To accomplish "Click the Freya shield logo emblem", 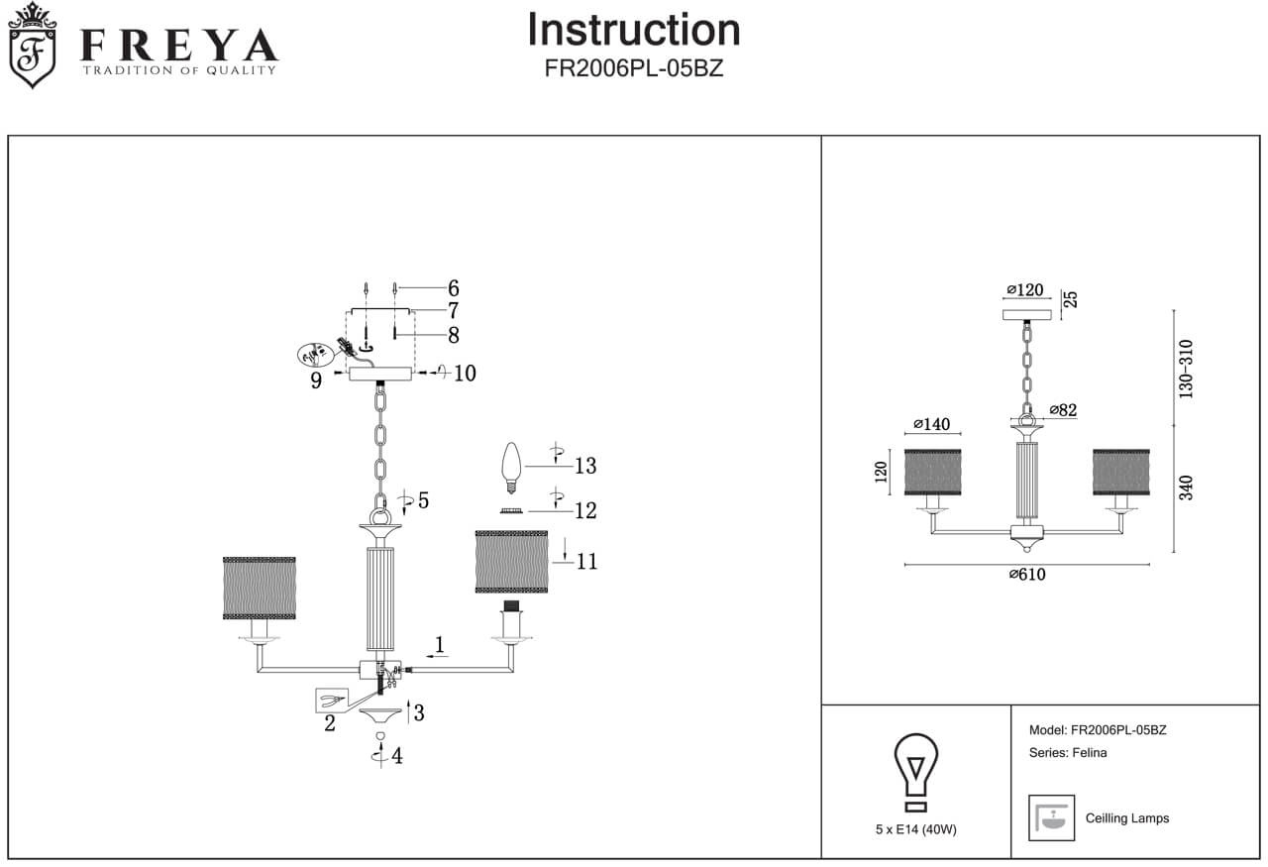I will pos(32,46).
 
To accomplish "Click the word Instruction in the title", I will pos(633,30).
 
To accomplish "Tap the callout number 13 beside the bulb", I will pos(584,466).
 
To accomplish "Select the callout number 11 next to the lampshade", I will pos(586,562).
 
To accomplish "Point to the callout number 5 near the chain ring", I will pos(423,501).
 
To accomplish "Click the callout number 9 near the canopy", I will pos(316,380).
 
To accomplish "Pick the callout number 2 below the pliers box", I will pos(330,723).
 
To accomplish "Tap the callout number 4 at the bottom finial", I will pos(396,757).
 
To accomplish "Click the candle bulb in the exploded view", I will pos(511,468).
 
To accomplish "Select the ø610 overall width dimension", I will pos(1027,575).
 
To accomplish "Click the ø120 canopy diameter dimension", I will pos(1025,290).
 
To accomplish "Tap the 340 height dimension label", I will pos(1187,488).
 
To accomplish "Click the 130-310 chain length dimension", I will pos(1187,369).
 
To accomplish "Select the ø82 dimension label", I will pos(1062,410).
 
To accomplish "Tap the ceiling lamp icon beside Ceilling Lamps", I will pos(1051,817).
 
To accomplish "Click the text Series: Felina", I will pos(1068,753).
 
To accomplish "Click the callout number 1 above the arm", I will pos(439,644).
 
